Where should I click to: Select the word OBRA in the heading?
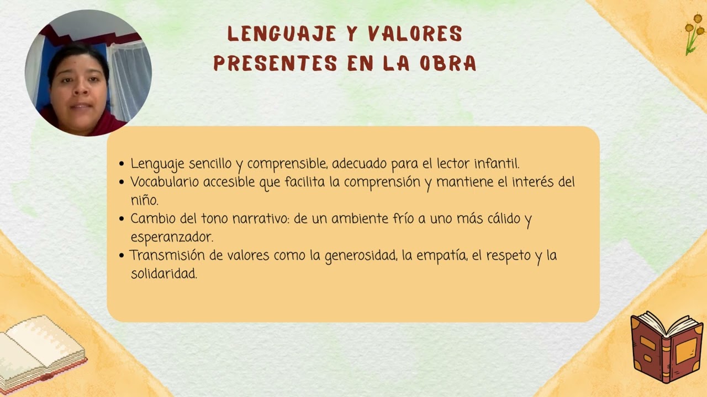[x=447, y=64]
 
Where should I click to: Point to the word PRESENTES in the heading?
[x=275, y=64]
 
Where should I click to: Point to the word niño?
[x=144, y=200]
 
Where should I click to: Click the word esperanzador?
[x=172, y=237]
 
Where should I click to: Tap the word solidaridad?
[x=163, y=273]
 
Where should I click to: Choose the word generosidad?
[x=360, y=256]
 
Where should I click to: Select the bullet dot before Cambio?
[x=122, y=219]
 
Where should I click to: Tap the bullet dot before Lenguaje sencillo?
[x=122, y=164]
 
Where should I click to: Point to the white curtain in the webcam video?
[x=128, y=77]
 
